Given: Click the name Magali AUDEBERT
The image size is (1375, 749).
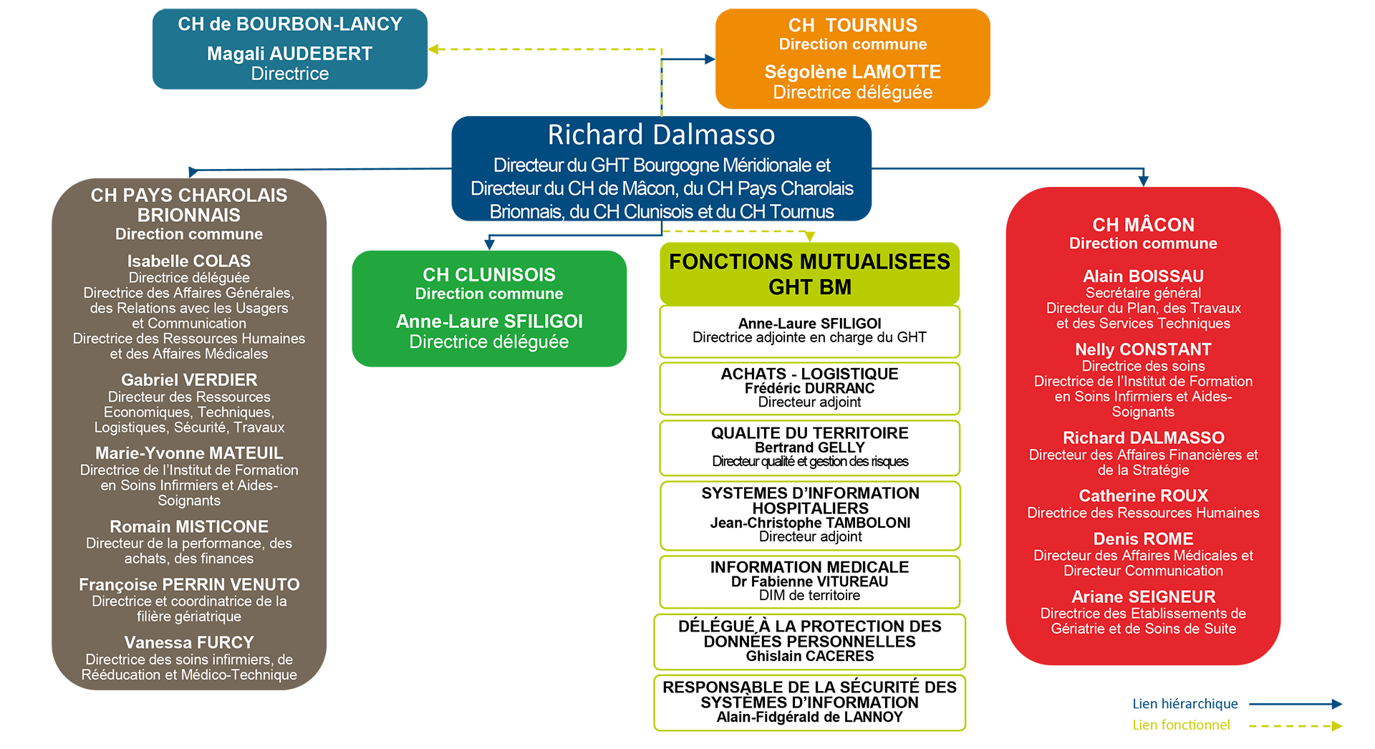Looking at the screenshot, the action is (289, 54).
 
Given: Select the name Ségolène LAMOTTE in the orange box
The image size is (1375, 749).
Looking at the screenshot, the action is (852, 72).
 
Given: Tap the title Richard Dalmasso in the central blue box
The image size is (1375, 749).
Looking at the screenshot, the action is (661, 135).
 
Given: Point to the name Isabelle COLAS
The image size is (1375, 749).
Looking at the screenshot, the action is (189, 261).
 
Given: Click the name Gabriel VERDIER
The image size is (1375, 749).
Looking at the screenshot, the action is (189, 380).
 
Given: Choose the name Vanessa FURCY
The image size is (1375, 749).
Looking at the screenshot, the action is (189, 642).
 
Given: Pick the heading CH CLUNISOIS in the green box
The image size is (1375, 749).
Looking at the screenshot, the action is (489, 274).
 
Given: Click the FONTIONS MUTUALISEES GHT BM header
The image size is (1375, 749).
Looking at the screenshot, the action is (809, 274).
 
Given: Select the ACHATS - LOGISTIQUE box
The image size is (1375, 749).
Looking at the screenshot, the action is (809, 388).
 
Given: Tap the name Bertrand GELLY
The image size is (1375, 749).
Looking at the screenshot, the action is (809, 448).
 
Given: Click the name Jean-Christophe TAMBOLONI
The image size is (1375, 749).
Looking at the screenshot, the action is (810, 523).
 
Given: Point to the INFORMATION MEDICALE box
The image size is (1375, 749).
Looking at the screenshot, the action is (809, 581).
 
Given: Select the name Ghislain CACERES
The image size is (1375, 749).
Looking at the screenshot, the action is (810, 656).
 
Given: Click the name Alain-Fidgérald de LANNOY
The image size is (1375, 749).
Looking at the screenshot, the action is (810, 717).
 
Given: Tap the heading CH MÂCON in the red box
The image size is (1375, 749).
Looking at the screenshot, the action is (1143, 225).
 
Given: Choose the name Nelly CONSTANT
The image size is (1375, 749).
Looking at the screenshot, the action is (1143, 349).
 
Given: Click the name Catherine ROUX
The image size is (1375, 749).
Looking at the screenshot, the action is (1143, 496).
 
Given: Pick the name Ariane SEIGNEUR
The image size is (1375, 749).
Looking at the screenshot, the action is (1143, 596).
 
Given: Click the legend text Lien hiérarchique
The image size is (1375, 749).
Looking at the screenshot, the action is (1185, 704).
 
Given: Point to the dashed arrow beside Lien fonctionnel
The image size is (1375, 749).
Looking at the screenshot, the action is (1296, 726).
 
